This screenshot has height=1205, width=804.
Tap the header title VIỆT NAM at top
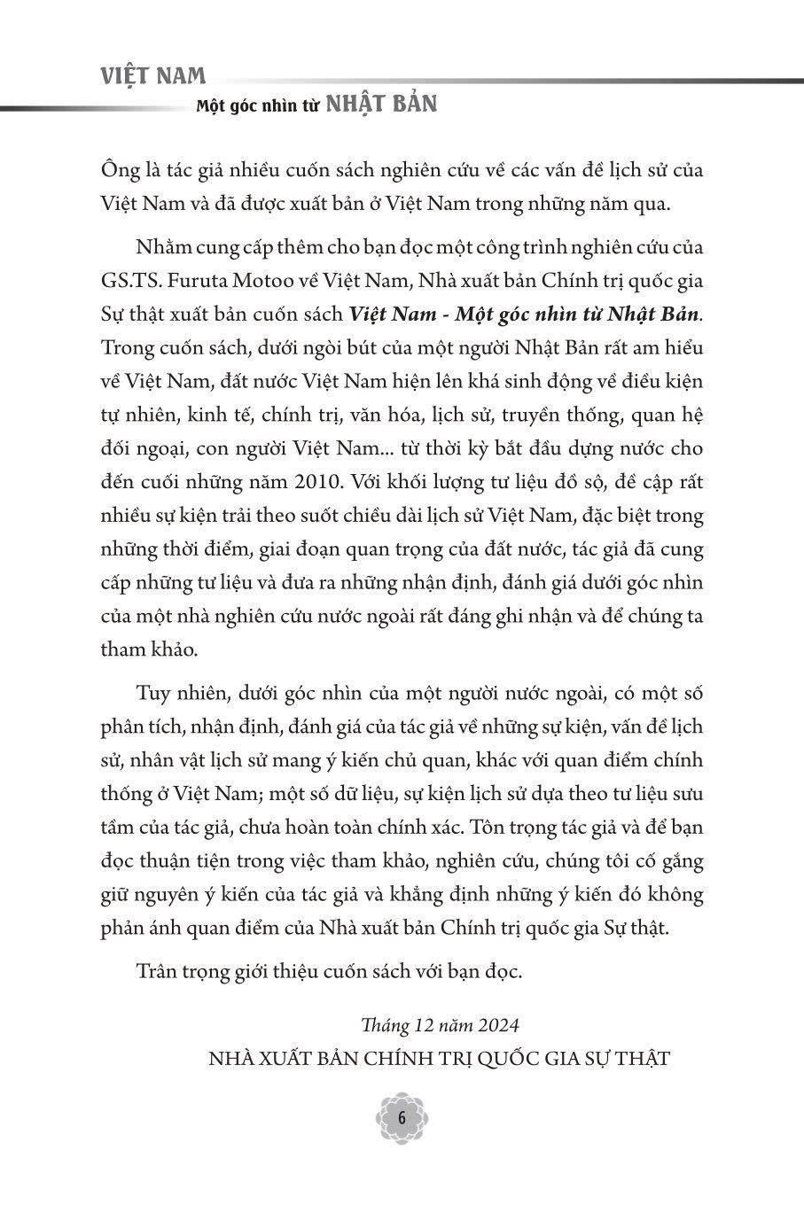click(153, 76)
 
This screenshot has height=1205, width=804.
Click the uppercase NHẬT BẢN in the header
click(381, 104)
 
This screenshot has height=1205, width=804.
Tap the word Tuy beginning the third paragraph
click(152, 692)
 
